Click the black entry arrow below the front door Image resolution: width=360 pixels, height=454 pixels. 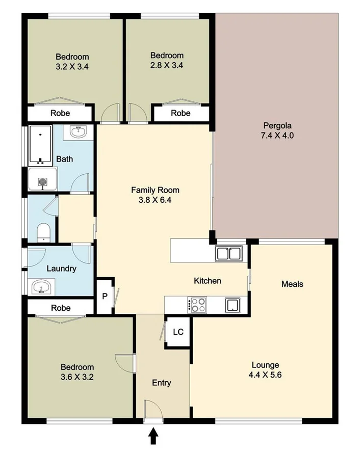(153, 436)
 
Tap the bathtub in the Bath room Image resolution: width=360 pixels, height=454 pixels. (40, 145)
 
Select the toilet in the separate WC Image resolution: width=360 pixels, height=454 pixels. (44, 232)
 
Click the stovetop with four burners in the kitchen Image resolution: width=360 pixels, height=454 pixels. (198, 305)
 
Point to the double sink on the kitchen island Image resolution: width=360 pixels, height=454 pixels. (228, 253)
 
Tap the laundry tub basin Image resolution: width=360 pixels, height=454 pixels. (41, 287)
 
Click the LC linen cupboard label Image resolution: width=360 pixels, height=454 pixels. (178, 332)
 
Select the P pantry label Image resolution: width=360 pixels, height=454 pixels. (105, 296)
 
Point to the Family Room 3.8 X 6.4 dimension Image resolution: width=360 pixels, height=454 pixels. (155, 200)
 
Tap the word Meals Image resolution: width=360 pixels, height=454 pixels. (292, 284)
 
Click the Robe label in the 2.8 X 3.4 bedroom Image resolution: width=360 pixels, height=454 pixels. (181, 113)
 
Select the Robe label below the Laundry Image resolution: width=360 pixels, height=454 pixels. (60, 308)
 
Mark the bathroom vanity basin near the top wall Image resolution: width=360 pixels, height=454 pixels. (78, 132)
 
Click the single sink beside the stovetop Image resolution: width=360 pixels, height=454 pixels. (233, 305)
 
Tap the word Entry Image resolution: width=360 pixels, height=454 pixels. (162, 383)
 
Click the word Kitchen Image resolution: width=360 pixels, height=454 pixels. (208, 281)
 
